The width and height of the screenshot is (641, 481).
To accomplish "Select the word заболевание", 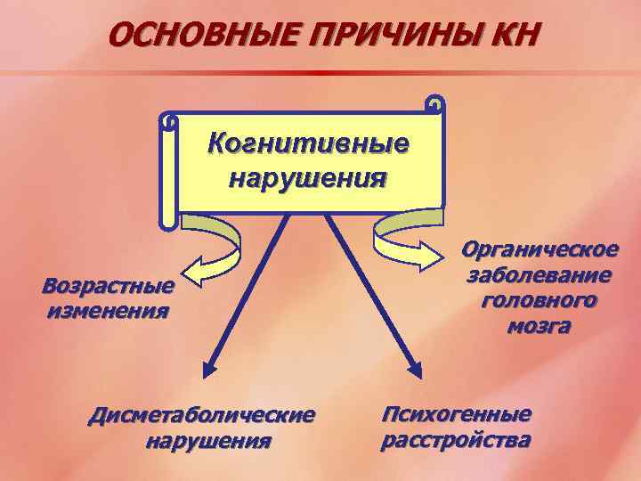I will click(540, 274).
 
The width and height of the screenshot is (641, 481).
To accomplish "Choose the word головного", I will click(540, 300).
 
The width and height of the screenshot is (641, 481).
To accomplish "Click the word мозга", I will click(540, 326).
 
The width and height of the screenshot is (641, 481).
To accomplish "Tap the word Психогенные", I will click(456, 413).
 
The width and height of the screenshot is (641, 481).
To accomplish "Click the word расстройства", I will click(456, 439).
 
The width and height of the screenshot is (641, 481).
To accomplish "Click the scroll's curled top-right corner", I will click(434, 105).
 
